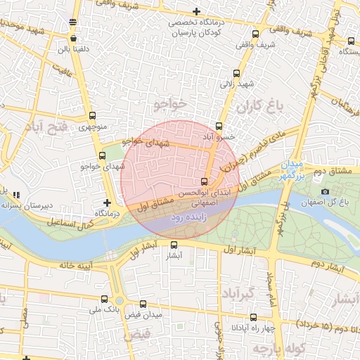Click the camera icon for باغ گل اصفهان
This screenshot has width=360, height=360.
click(x=325, y=192)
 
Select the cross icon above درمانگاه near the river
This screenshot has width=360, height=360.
click(x=107, y=202)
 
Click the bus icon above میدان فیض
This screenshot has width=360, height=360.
click(x=144, y=304)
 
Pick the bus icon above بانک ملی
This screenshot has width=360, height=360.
click(x=105, y=299)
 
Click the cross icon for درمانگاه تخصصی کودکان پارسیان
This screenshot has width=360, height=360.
click(x=196, y=11)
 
